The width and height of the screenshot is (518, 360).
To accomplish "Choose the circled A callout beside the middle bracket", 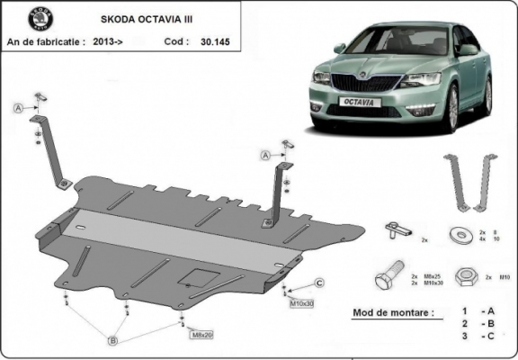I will click(265, 156).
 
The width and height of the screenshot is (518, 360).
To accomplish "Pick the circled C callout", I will click(319, 283).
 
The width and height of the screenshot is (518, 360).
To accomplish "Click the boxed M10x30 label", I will click(301, 303).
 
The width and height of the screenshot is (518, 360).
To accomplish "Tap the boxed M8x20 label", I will click(201, 335).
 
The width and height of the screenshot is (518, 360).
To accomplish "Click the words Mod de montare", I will click(387, 313).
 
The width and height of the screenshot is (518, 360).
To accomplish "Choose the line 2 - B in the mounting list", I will click(478, 323).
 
